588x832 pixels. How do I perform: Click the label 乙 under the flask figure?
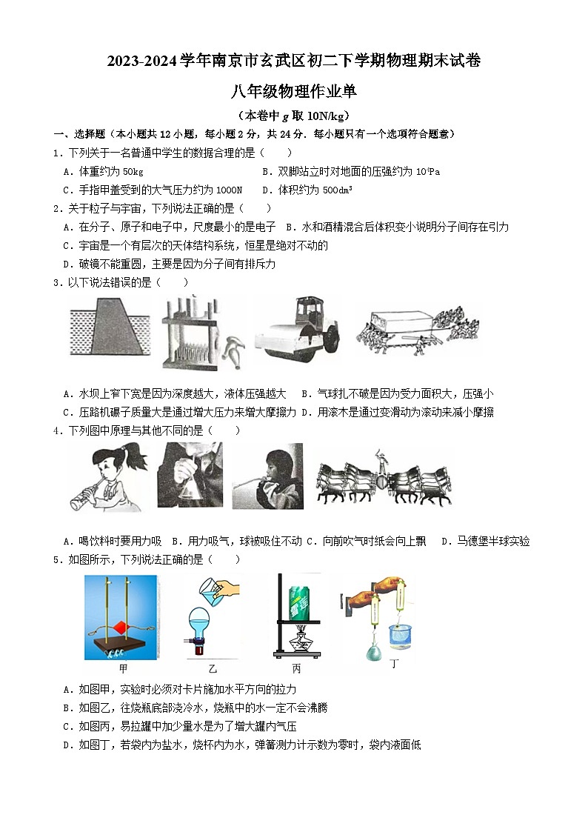(201, 668)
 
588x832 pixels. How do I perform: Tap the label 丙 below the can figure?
(296, 668)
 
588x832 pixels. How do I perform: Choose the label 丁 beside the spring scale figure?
(395, 664)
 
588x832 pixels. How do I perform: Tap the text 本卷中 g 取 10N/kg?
(293, 116)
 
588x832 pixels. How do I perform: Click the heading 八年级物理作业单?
(293, 91)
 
